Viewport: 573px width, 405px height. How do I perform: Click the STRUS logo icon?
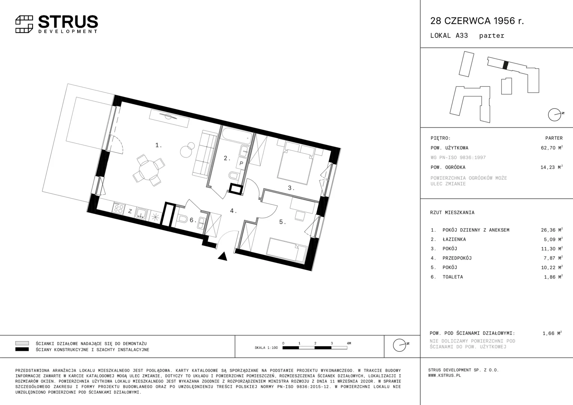click(24, 24)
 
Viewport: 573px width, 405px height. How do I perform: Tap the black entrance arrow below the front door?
click(223, 256)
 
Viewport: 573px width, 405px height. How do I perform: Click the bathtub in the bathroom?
click(237, 136)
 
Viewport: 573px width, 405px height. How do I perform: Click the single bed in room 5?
click(286, 249)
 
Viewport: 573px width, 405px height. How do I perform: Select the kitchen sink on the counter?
click(141, 213)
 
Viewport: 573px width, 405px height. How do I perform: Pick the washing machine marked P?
click(241, 163)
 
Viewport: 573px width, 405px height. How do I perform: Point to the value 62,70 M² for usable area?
click(552, 148)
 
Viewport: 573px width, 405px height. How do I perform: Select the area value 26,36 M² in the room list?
click(552, 230)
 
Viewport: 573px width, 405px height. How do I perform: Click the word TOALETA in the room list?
click(453, 277)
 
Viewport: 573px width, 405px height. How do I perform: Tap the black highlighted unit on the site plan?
click(505, 65)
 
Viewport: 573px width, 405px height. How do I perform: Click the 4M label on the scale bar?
click(349, 343)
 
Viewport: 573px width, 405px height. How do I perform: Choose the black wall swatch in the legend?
click(22, 349)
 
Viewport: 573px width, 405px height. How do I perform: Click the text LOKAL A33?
click(449, 36)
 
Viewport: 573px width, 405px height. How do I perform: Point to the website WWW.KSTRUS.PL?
click(445, 376)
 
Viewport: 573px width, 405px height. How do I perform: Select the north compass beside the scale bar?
click(400, 345)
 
